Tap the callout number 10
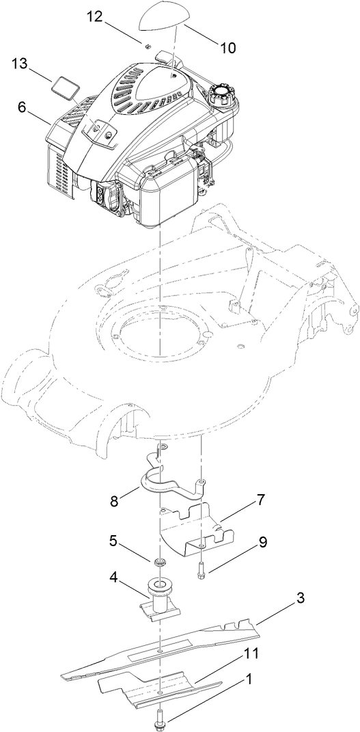tap(227, 48)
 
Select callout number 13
tap(20, 64)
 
